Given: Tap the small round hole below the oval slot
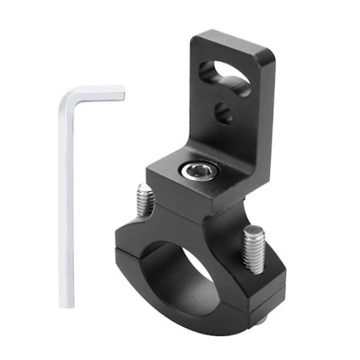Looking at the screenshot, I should point(226,113).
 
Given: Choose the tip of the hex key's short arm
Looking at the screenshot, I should point(122,96).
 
